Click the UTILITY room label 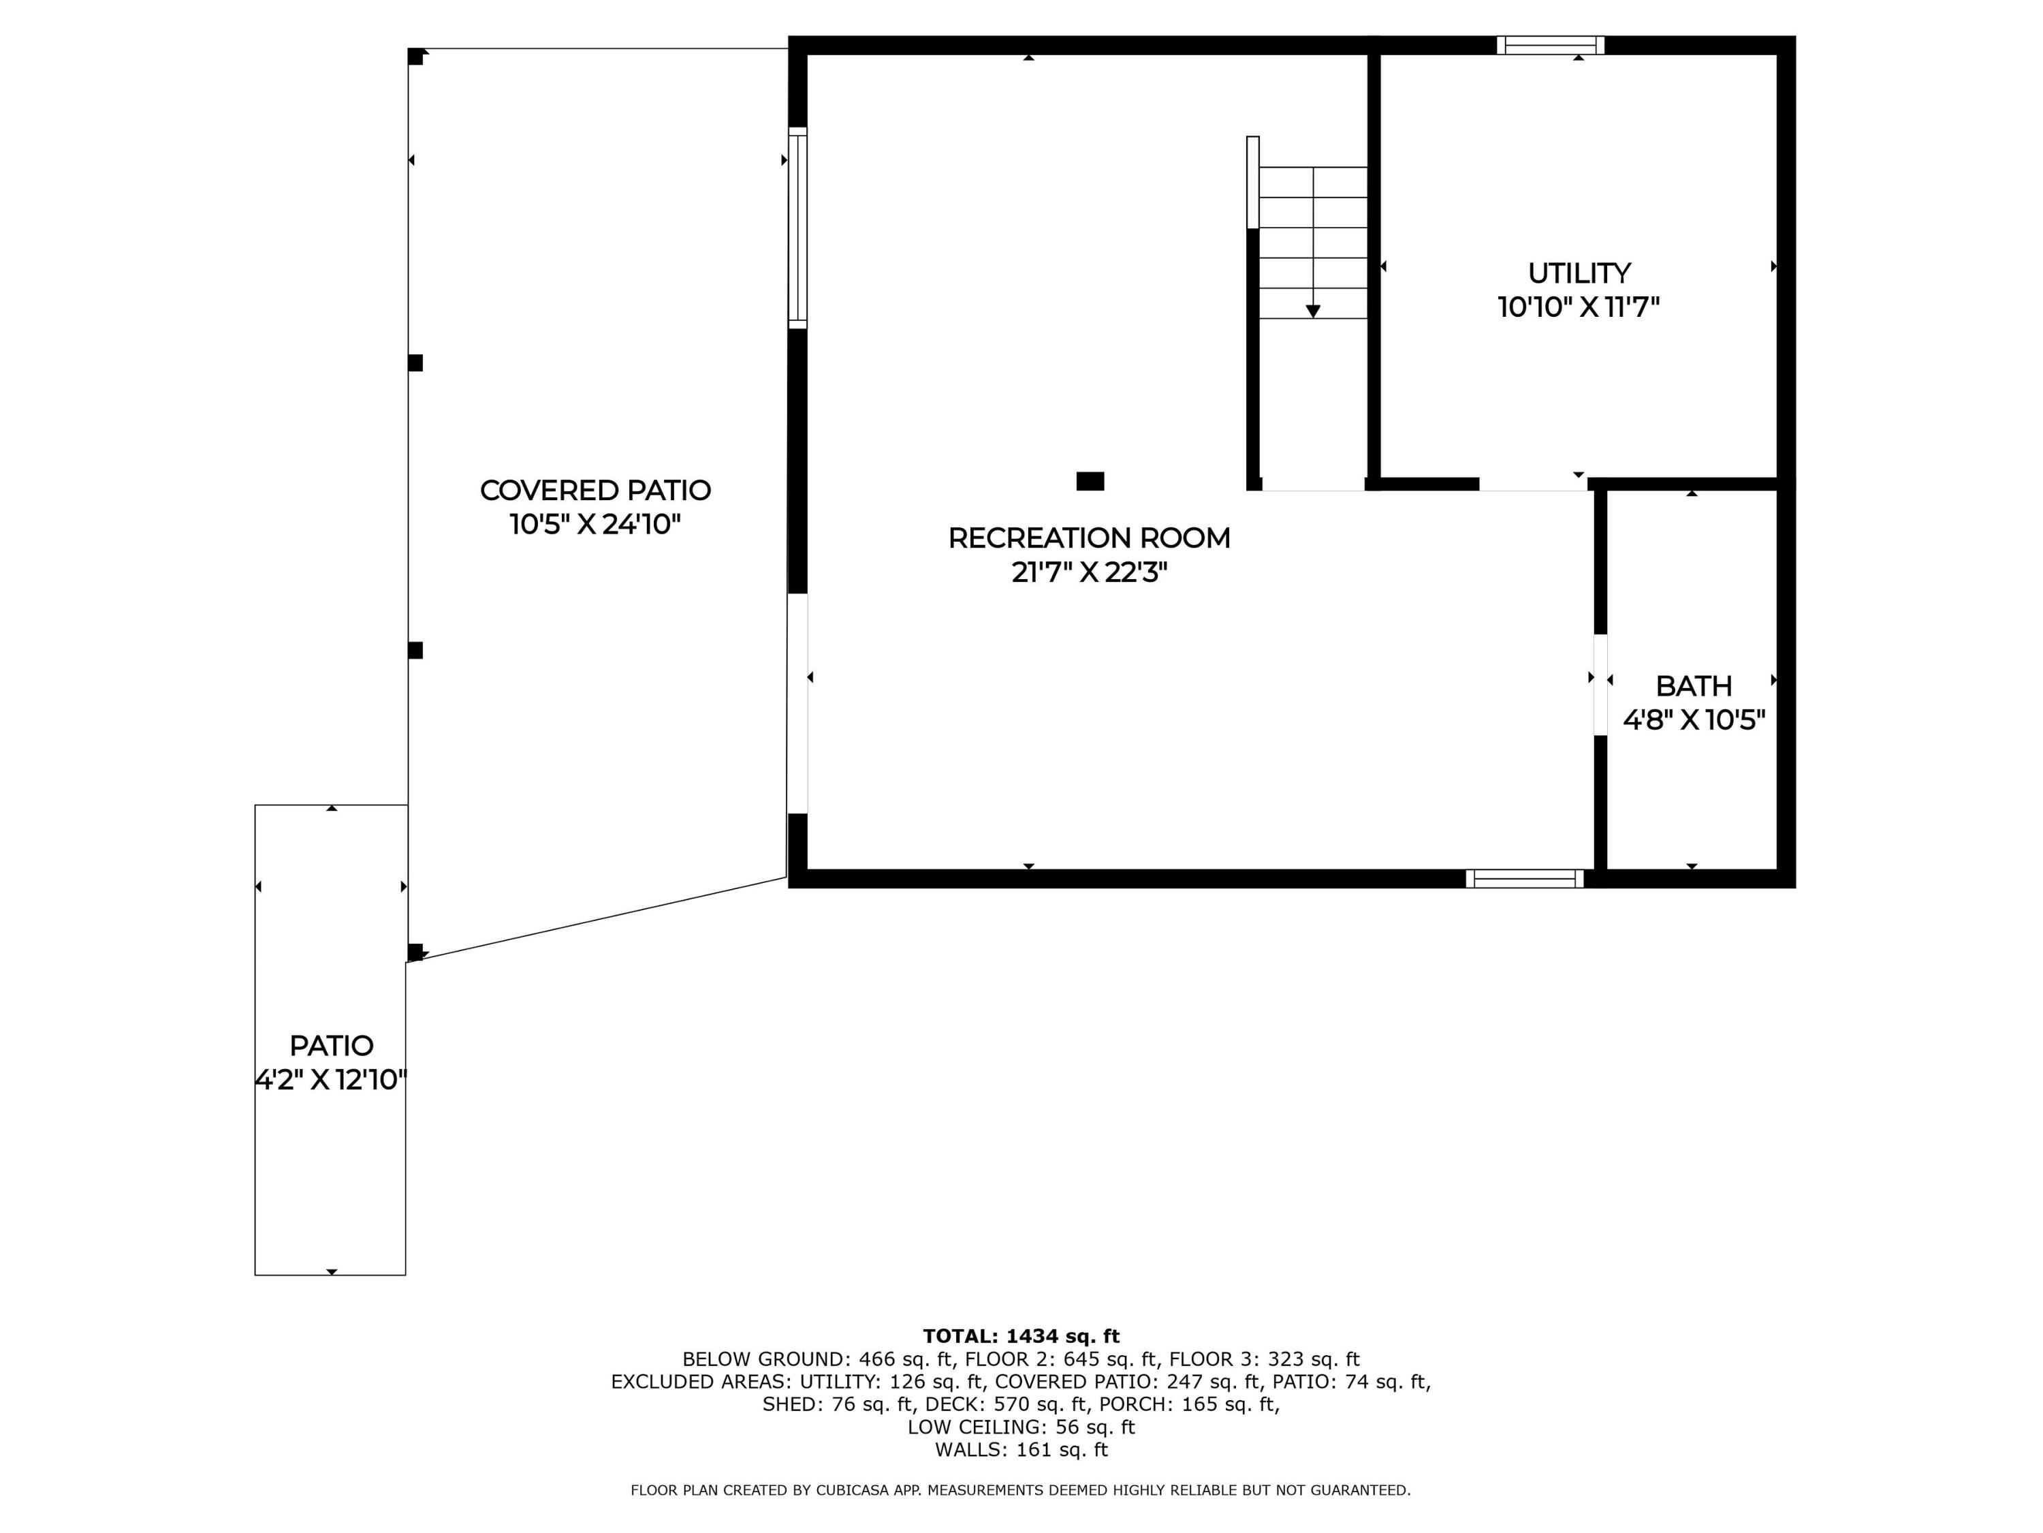1579,273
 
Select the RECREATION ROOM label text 1089,538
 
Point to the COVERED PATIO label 595,490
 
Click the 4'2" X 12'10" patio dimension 331,1079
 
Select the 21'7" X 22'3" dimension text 1089,573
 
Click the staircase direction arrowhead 1312,311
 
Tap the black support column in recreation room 1090,480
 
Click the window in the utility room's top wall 1550,45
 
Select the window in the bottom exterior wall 1524,879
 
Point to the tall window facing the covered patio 797,228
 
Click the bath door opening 1600,685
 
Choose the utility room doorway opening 1532,484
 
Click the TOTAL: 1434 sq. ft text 1021,1335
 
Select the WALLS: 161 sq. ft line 1021,1449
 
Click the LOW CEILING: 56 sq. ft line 1021,1426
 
